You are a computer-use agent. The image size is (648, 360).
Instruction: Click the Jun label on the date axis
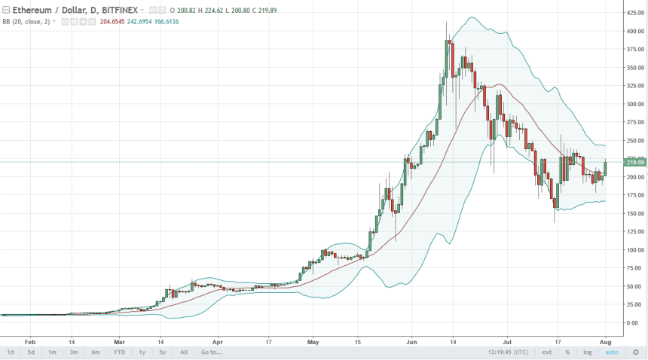411,340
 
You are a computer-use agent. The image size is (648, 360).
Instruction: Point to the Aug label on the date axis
604,340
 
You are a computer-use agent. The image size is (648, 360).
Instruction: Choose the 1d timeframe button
11,352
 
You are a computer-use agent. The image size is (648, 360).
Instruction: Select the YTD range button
119,352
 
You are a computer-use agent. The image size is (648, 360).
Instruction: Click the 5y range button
162,352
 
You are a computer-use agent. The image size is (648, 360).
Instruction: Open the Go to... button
211,352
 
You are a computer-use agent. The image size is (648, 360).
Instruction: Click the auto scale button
612,352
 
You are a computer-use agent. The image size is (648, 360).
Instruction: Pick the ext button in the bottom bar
548,352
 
